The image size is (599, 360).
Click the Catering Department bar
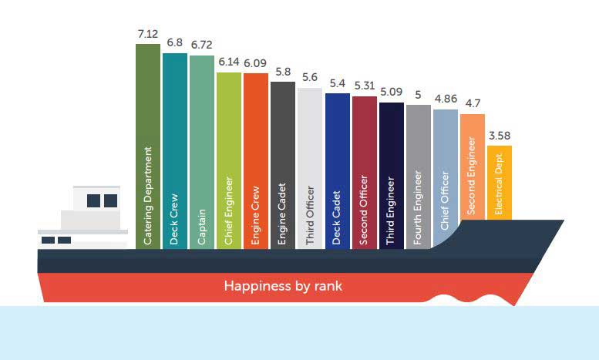coord(148,146)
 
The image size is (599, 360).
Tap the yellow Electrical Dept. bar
coord(499,181)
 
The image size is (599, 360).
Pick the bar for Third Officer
coord(310,168)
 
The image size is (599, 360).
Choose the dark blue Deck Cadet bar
coord(337,170)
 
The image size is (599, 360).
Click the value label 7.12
coord(147,35)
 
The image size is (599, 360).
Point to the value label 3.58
coord(499,136)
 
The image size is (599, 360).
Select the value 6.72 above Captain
coord(202,47)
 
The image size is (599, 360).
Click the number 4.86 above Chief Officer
coord(445,100)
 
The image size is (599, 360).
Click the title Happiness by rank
coord(283,286)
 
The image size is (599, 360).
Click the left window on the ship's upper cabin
coord(94,200)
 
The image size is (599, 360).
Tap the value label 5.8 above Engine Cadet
coord(283,72)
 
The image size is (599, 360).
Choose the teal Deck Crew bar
coord(175,150)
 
